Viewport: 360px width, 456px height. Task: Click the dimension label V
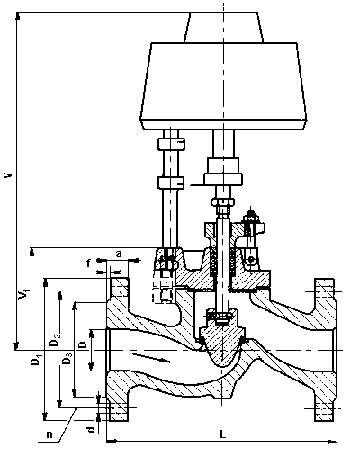tap(8, 174)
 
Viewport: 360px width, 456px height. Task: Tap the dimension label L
tap(222, 434)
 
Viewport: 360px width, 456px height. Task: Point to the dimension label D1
tap(35, 360)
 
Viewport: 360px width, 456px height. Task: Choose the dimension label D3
tap(67, 359)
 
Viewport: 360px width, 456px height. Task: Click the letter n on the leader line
tap(49, 434)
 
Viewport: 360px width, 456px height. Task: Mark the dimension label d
tap(92, 429)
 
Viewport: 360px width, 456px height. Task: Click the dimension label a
tap(119, 255)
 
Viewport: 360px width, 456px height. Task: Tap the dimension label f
tap(88, 264)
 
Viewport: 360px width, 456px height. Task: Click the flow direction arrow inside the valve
tap(151, 357)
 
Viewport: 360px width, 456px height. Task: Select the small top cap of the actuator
tap(224, 27)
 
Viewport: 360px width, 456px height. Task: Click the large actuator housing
tap(223, 86)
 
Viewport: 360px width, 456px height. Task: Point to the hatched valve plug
tap(221, 344)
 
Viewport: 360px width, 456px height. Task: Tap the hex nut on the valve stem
tap(222, 201)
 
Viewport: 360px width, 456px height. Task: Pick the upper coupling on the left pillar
tap(171, 144)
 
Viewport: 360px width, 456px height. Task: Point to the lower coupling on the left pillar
tap(171, 183)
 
